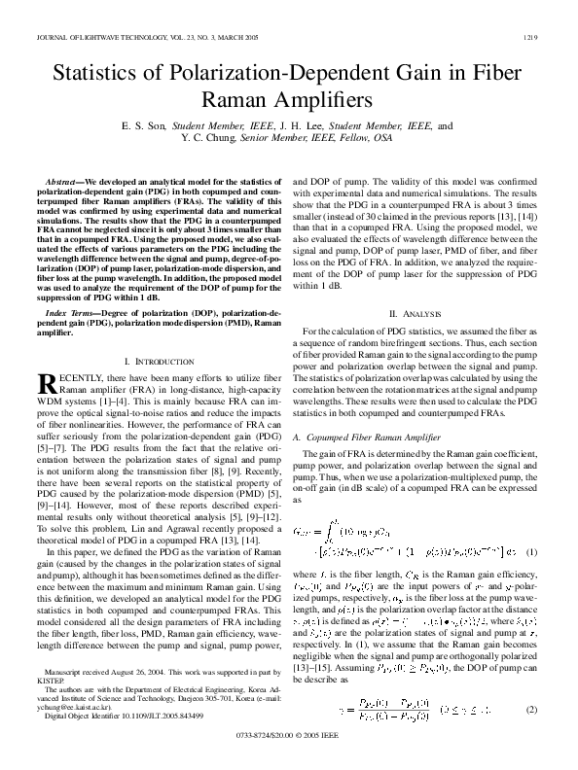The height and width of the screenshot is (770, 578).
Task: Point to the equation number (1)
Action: pyautogui.click(x=531, y=552)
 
